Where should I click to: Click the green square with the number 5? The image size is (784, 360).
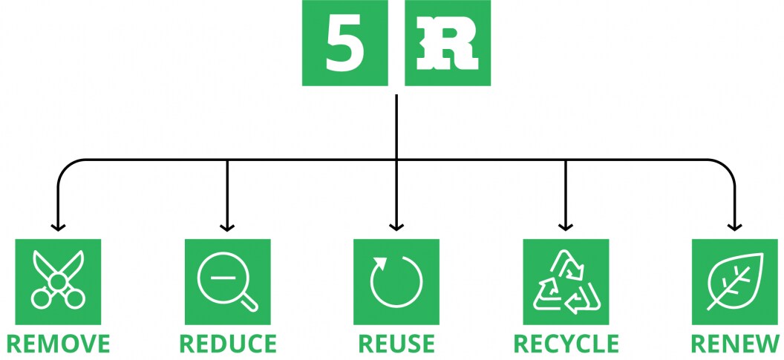[x=344, y=43]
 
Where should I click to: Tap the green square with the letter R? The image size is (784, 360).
[x=448, y=43]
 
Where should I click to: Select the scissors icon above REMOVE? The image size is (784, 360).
[x=58, y=281]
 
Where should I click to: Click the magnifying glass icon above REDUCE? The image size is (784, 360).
[x=227, y=281]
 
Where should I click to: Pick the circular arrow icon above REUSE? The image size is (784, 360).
[x=396, y=281]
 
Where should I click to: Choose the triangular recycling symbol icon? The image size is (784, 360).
[x=566, y=281]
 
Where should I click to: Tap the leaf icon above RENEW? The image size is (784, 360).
[x=735, y=281]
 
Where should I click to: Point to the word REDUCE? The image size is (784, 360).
[x=227, y=344]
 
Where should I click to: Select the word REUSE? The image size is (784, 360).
[x=396, y=344]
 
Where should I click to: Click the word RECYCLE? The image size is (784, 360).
[x=566, y=344]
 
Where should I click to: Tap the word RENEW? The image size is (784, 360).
[x=735, y=344]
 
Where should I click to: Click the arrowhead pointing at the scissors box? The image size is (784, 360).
[x=58, y=226]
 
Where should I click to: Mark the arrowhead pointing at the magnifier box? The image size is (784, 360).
[x=227, y=226]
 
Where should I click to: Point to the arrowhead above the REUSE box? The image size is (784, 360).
[x=396, y=226]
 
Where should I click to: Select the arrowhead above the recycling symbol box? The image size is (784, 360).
[x=566, y=226]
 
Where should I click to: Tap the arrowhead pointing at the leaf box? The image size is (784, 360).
[x=735, y=226]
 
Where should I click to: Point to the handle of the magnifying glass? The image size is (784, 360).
[x=249, y=301]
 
